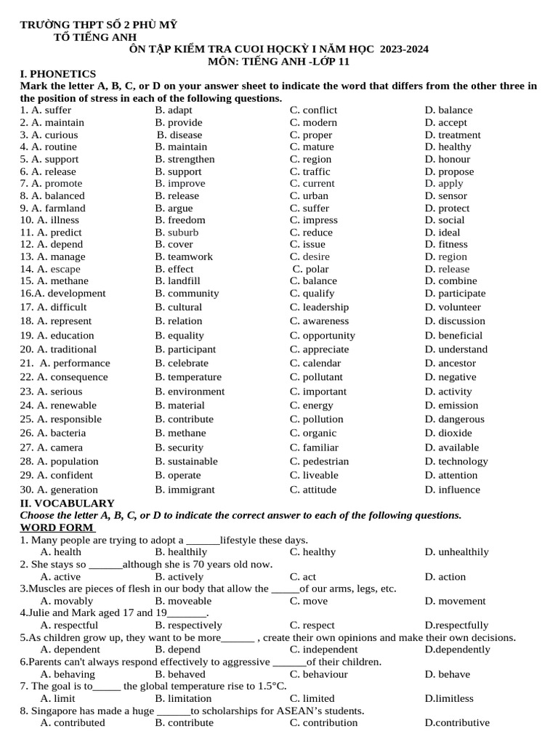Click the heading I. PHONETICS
[x=57, y=73]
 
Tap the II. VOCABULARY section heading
[x=67, y=503]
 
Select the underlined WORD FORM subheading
[x=57, y=527]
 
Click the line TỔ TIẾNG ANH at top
[x=95, y=37]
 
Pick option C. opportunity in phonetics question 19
[x=322, y=336]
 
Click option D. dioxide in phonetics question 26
[x=448, y=433]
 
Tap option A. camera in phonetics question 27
[x=57, y=448]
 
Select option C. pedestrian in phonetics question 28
[x=319, y=461]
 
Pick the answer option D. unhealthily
[x=456, y=552]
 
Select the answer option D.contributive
[x=456, y=723]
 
